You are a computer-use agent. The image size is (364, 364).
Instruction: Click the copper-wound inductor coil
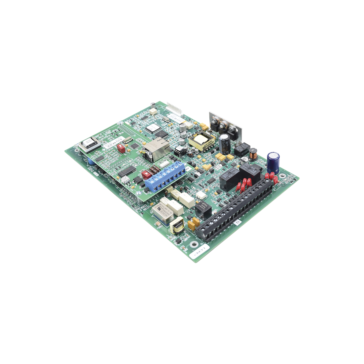point(253,156)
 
